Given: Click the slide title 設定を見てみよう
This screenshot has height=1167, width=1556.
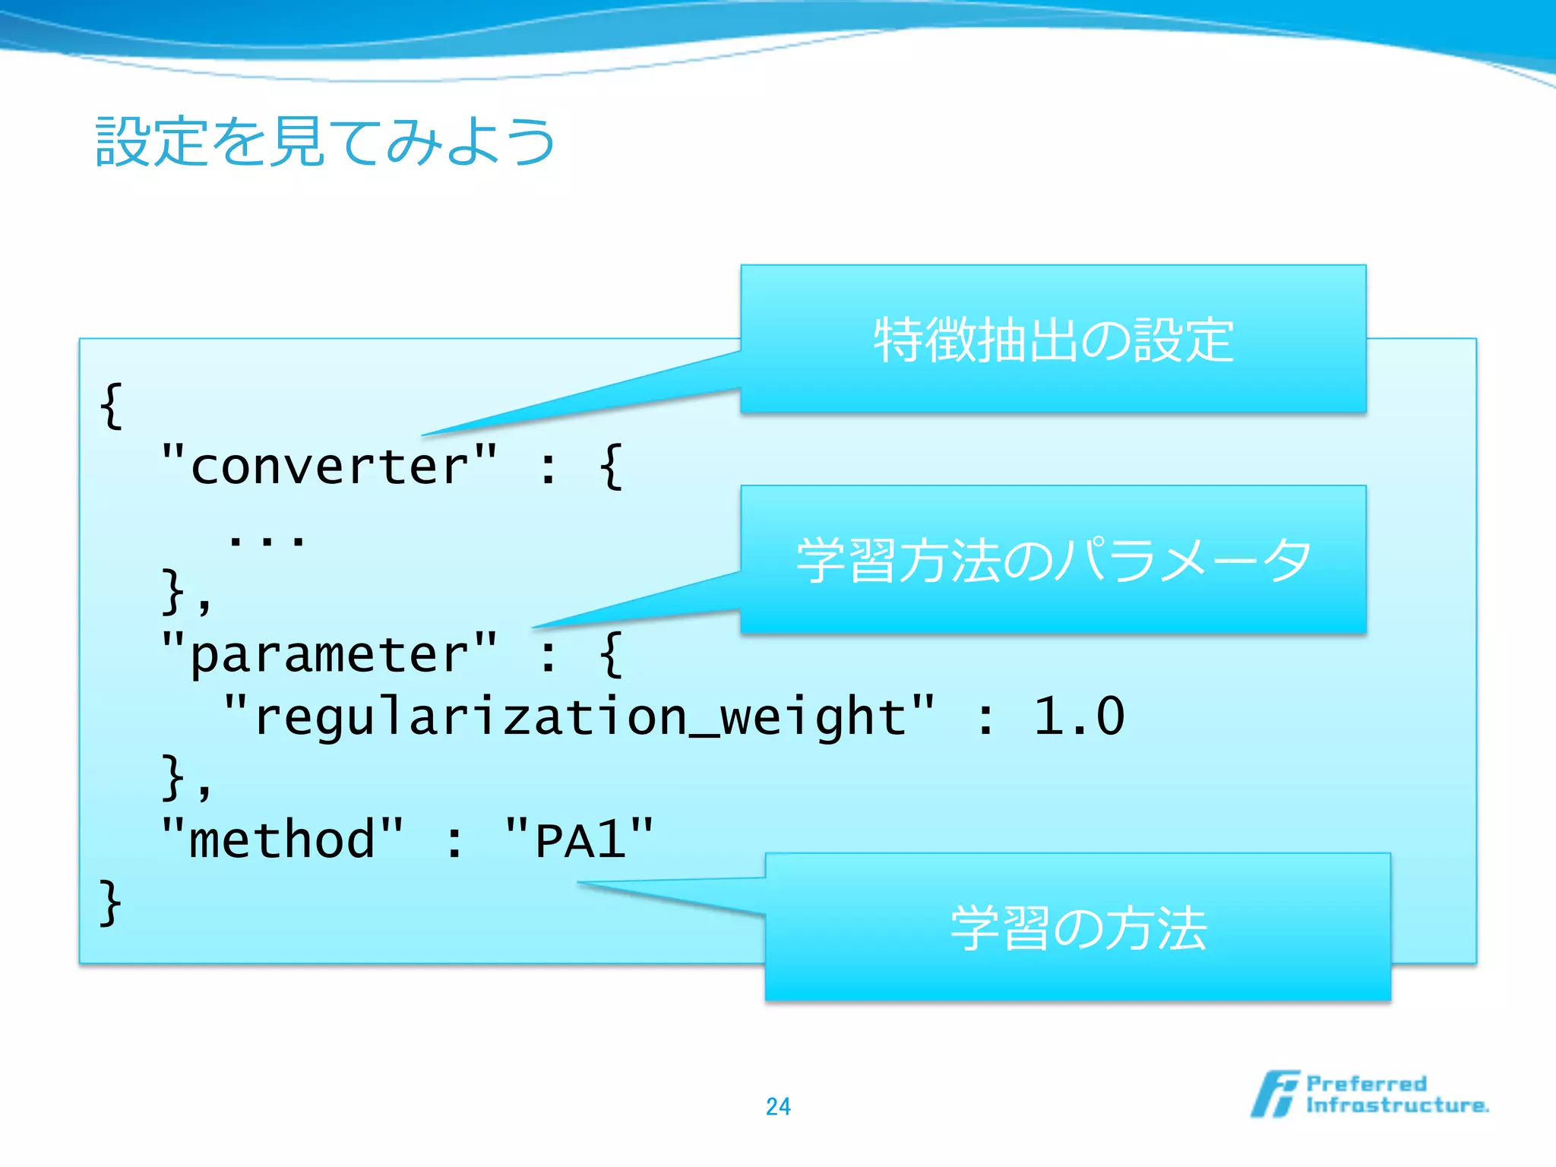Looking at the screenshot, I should [325, 142].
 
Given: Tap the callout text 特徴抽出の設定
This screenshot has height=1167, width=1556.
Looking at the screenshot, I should [1053, 340].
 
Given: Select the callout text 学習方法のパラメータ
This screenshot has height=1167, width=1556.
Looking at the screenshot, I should [1053, 560].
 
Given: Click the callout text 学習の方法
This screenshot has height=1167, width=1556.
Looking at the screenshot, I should [1077, 928].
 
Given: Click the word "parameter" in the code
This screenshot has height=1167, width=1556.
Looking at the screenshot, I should [329, 653].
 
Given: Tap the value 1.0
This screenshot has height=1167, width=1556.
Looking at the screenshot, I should [1079, 716].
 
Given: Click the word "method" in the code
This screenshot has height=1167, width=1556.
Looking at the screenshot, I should [282, 840].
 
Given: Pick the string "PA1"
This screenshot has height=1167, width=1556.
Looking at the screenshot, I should [579, 840].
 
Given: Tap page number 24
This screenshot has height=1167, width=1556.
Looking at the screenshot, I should [778, 1106].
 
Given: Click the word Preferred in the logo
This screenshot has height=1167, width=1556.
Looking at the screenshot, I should [1366, 1083].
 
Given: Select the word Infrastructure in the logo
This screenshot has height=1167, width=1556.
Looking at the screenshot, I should [1396, 1105].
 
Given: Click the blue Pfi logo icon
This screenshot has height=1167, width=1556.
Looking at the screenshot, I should [1275, 1094].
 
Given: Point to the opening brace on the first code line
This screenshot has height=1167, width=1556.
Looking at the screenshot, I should [111, 406].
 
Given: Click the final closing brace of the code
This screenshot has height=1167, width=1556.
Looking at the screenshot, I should [111, 903].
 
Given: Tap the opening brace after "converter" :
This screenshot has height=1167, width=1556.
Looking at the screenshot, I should [611, 466].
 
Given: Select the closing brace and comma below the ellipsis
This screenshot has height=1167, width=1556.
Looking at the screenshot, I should [185, 591].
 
